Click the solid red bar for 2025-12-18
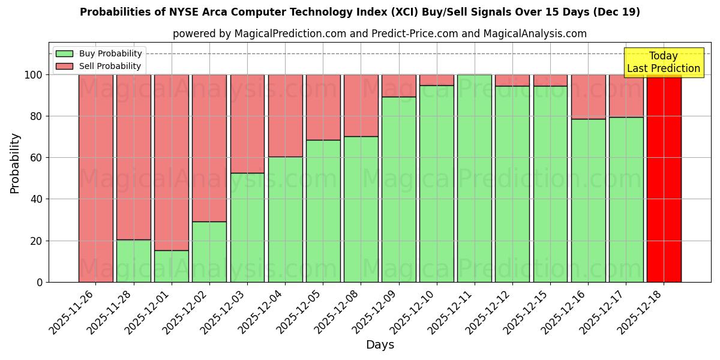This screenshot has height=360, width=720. pos(664,178)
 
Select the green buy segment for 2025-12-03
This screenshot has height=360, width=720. pos(247,227)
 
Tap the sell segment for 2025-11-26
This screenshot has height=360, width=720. pos(95,178)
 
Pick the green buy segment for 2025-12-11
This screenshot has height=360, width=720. pos(474,178)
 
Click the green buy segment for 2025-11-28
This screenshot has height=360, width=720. pos(133,261)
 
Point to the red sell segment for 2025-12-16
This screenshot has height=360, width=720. pos(588,97)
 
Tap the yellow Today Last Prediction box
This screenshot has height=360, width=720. pos(663,62)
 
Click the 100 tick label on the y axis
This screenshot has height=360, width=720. pos(32,75)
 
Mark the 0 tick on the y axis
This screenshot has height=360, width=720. pos(40,282)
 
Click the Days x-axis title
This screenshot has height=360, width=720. pos(380,345)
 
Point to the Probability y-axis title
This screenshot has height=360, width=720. pos(15,163)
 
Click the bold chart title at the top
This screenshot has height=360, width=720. pos(360,12)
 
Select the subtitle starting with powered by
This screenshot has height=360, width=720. pos(380,34)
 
